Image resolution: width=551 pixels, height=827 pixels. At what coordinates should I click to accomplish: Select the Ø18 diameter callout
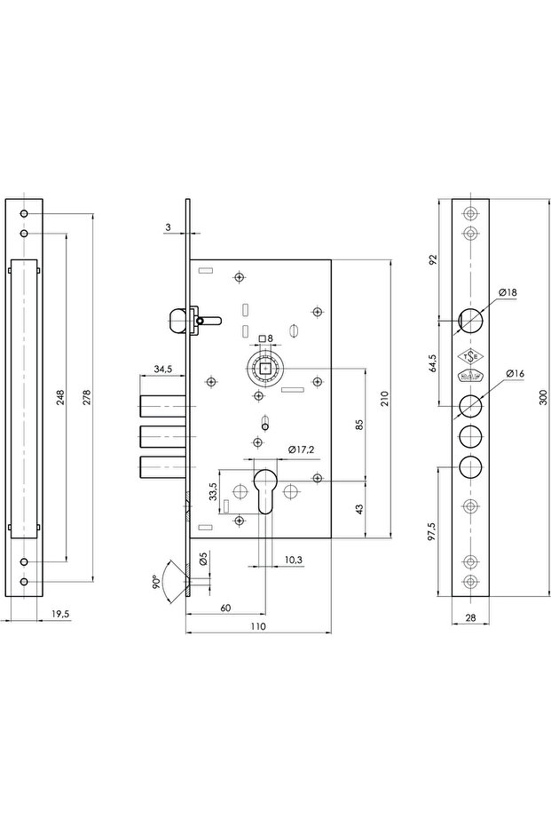(508, 292)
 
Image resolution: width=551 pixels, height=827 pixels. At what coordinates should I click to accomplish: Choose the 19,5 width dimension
(61, 613)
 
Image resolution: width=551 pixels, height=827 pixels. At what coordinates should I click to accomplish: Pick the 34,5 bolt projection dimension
(162, 368)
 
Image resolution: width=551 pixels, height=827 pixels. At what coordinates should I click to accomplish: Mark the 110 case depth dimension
(257, 627)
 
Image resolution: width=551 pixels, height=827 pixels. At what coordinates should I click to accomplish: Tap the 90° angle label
(156, 583)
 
